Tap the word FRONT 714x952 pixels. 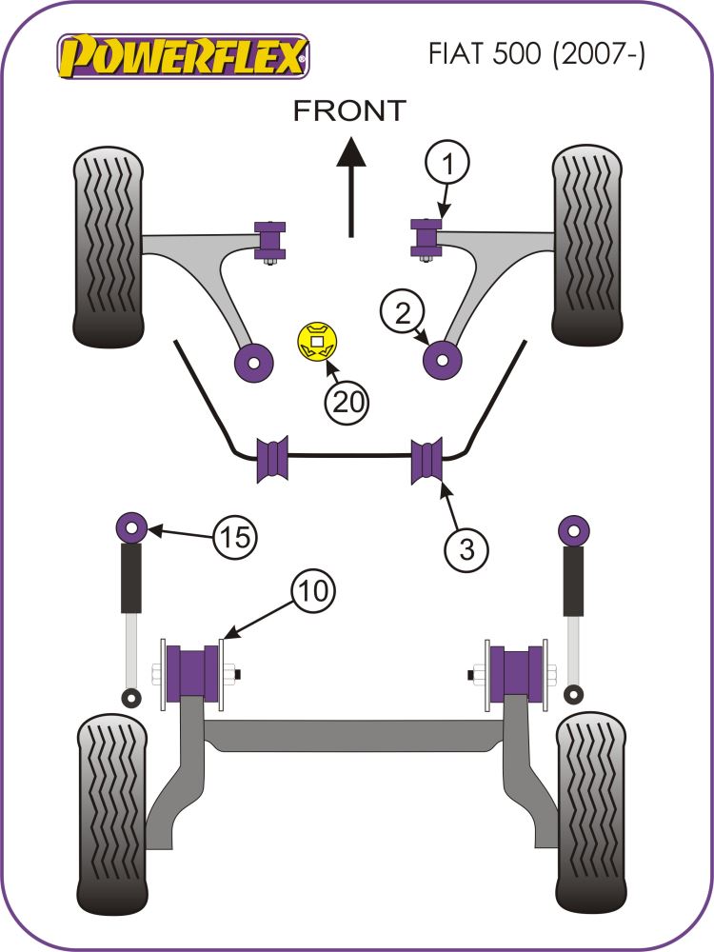(x=348, y=110)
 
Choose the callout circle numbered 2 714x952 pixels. (x=403, y=312)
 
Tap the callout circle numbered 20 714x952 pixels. (x=347, y=403)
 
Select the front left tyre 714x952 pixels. (x=108, y=248)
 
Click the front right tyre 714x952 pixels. (x=586, y=247)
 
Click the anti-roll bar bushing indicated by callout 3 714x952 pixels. (x=428, y=460)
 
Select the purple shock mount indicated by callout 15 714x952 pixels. (x=129, y=526)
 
